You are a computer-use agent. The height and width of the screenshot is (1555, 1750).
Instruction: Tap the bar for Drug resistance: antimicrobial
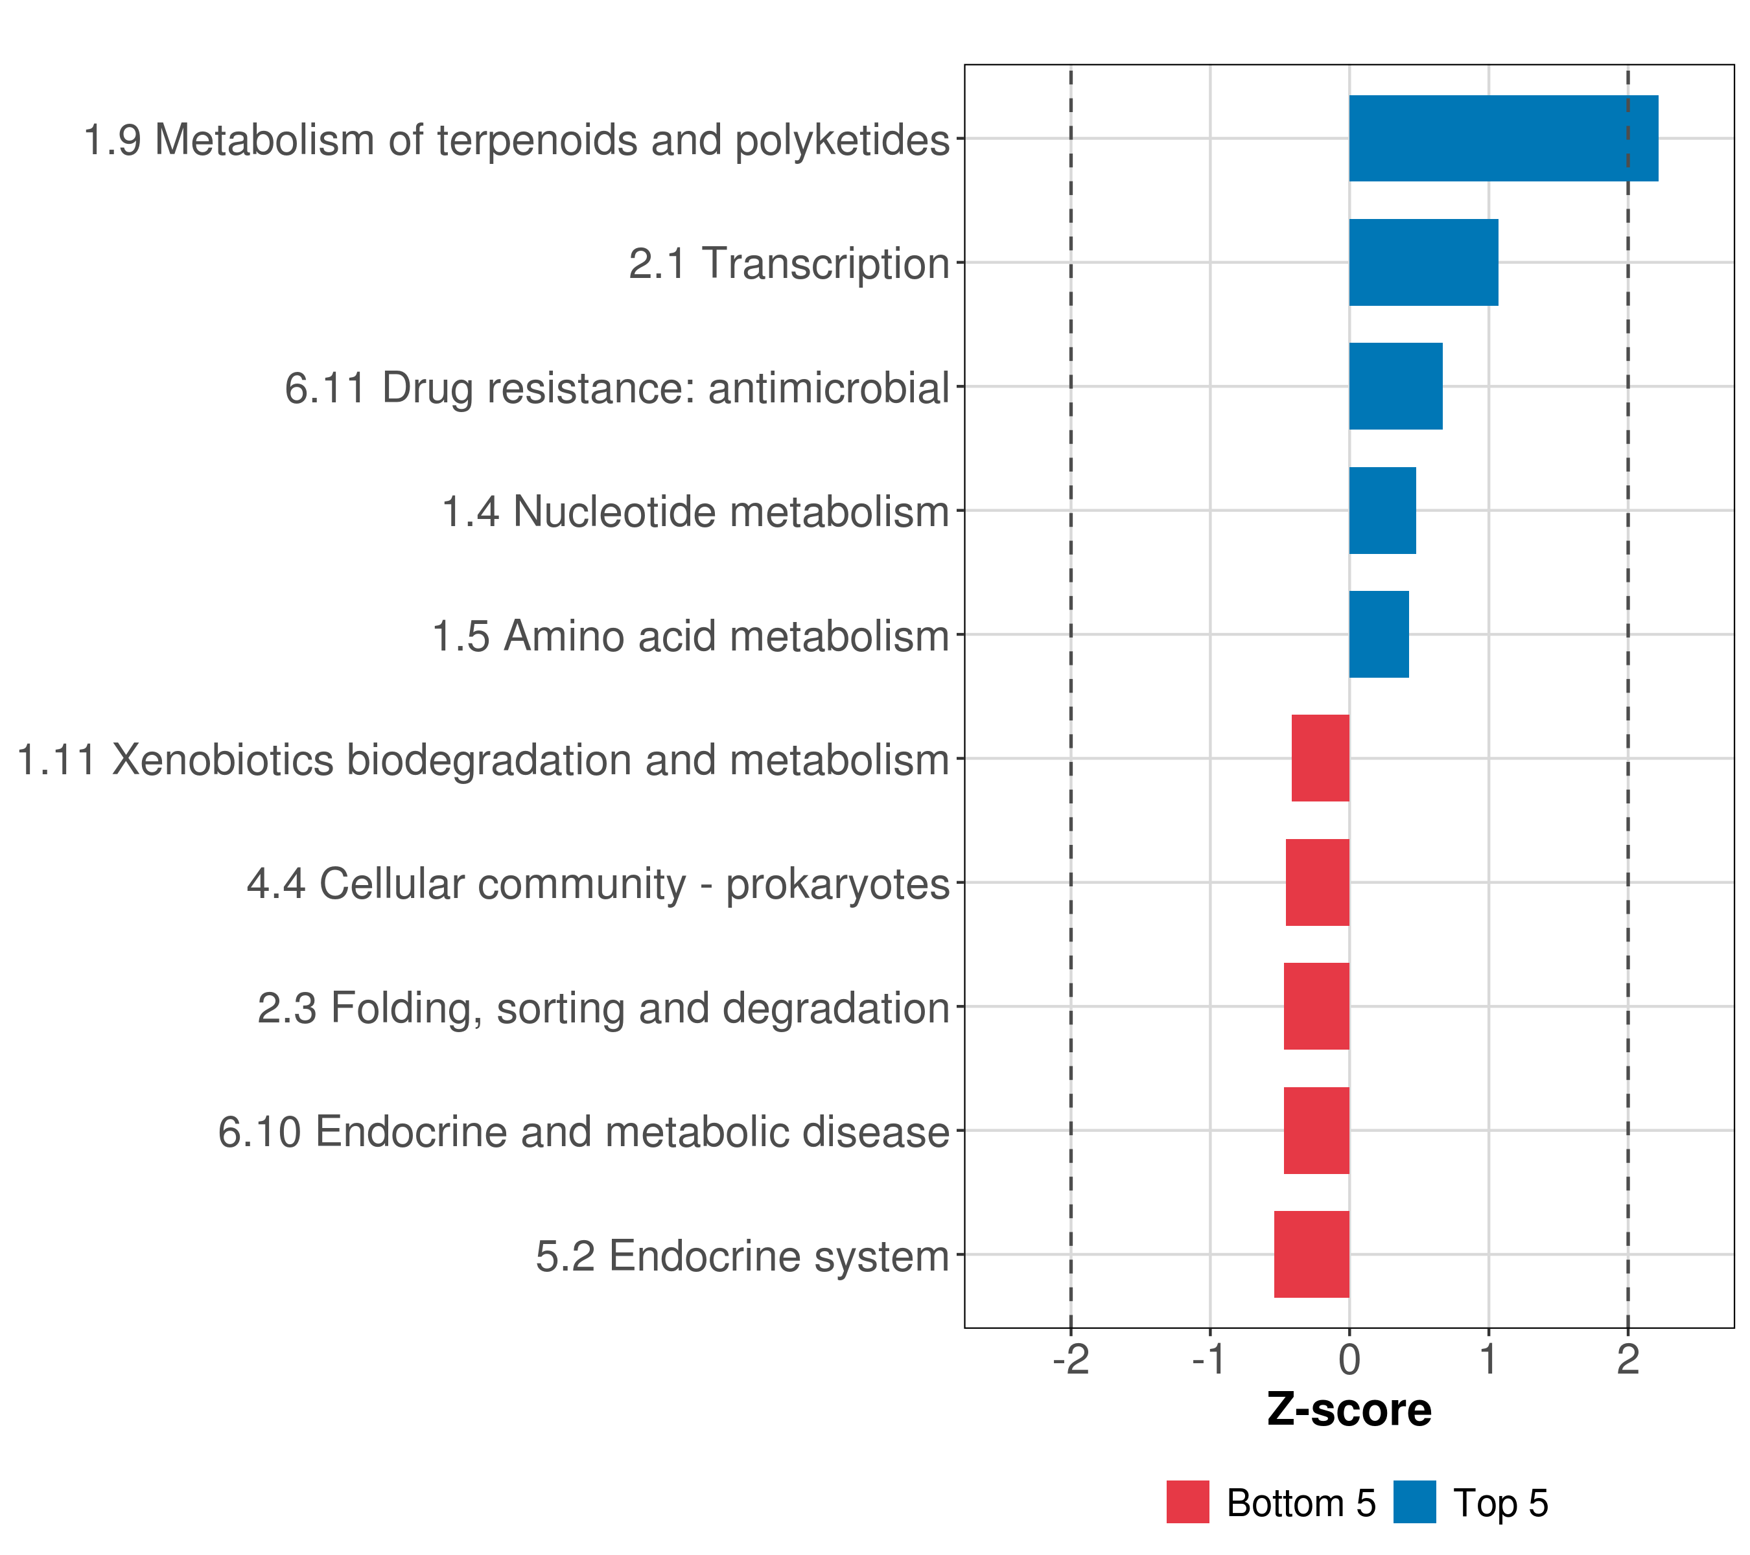pos(1395,386)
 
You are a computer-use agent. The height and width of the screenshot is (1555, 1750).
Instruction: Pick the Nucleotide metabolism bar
pos(1382,510)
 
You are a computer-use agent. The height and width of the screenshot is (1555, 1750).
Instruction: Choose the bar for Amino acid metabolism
pos(1379,634)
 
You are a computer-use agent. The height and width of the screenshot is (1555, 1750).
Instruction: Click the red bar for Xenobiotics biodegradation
pos(1320,758)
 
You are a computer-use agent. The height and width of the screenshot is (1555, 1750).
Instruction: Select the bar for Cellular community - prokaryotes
pos(1317,882)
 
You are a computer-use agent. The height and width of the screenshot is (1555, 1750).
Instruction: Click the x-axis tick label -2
pos(1070,1359)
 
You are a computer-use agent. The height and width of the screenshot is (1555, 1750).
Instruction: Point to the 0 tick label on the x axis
pos(1349,1359)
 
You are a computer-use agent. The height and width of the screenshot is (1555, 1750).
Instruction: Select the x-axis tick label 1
pos(1489,1359)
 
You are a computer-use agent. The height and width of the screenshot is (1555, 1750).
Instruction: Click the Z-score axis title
pos(1349,1411)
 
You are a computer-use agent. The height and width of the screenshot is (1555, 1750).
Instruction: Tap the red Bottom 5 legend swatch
pos(1187,1502)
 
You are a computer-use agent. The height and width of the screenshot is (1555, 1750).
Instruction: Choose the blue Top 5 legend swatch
pos(1414,1502)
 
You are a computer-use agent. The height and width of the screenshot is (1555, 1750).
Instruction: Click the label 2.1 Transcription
pos(789,264)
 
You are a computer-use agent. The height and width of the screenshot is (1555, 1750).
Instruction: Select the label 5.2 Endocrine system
pos(742,1256)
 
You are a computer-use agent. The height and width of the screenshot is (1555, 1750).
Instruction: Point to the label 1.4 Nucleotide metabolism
pos(695,512)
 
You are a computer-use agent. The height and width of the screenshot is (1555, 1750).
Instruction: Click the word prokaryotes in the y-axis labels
pos(837,884)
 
